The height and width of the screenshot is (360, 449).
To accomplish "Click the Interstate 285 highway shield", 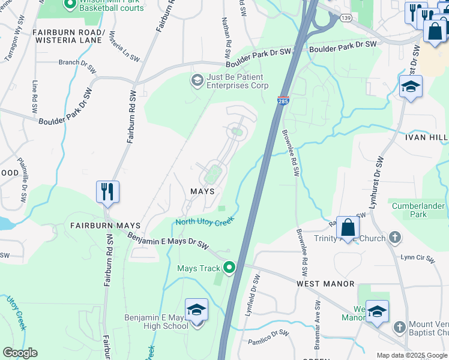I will pyautogui.click(x=283, y=101).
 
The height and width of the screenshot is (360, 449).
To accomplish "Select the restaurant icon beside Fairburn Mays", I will pyautogui.click(x=107, y=192).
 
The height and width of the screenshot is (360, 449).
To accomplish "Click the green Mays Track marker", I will pyautogui.click(x=228, y=268).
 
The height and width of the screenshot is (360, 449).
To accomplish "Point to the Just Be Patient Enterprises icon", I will pyautogui.click(x=197, y=80).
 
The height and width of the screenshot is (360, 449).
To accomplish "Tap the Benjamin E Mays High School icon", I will pyautogui.click(x=196, y=310).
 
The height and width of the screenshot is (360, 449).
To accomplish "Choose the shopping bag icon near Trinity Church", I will pyautogui.click(x=348, y=227).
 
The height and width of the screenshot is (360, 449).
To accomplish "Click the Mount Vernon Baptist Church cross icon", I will pyautogui.click(x=400, y=327).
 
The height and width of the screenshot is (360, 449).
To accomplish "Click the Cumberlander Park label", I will pyautogui.click(x=418, y=210).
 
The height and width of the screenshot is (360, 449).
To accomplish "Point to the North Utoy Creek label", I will pyautogui.click(x=204, y=222).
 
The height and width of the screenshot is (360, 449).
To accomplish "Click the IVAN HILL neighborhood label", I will pyautogui.click(x=426, y=137).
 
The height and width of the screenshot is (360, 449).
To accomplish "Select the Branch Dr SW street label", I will pyautogui.click(x=77, y=65).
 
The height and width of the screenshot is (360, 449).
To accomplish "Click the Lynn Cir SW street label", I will pyautogui.click(x=417, y=258).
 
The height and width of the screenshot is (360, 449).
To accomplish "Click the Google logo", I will pyautogui.click(x=20, y=353).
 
